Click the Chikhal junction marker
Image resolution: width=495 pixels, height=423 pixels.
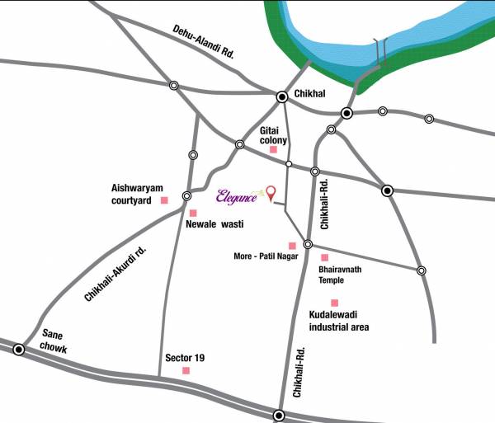coord(282,96)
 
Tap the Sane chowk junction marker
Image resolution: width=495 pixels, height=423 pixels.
coord(19,350)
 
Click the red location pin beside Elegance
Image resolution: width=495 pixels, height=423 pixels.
coord(270,193)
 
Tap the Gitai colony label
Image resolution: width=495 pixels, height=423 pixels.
coord(273,135)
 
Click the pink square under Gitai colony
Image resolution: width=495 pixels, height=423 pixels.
coord(274,150)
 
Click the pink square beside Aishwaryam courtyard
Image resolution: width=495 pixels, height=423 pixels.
coord(164,200)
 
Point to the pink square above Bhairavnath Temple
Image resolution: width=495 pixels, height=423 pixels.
coord(324,258)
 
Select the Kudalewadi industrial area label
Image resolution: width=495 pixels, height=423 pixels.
coord(339,321)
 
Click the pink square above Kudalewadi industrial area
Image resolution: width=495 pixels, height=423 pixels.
coord(334,303)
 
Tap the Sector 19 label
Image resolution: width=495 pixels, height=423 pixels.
coord(185,357)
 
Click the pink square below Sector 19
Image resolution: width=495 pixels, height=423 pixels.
coord(186,371)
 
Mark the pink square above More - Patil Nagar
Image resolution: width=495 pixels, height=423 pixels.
coord(291,245)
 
